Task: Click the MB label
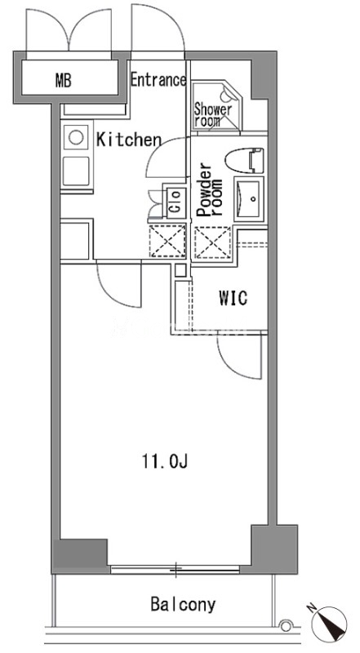click(64, 80)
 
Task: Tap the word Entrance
click(158, 79)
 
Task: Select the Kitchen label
click(128, 140)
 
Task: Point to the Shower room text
click(212, 115)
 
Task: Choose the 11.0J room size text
click(166, 461)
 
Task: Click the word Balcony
click(184, 604)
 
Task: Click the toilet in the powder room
click(245, 161)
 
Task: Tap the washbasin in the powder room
click(249, 199)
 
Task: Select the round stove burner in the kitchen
click(76, 137)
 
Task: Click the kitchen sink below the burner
click(76, 171)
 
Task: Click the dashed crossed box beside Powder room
click(213, 242)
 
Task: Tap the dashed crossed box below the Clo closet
click(167, 241)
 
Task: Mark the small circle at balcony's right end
click(287, 625)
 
